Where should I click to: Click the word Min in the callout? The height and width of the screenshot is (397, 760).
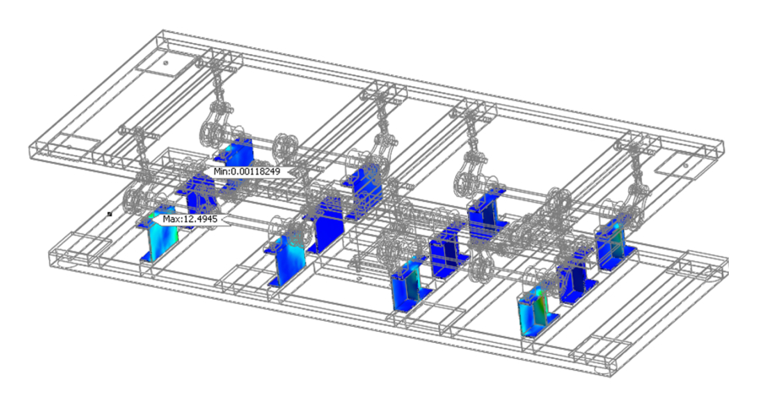[x=221, y=171]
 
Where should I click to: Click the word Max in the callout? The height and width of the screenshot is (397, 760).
[x=171, y=219]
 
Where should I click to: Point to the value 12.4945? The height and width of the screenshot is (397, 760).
[x=200, y=219]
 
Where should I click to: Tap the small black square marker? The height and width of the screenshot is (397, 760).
[x=110, y=213]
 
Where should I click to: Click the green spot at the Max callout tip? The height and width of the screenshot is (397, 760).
[x=152, y=215]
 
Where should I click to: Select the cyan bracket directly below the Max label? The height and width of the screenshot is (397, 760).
[x=159, y=241]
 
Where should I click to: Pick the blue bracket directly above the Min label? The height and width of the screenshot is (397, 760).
[x=237, y=150]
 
